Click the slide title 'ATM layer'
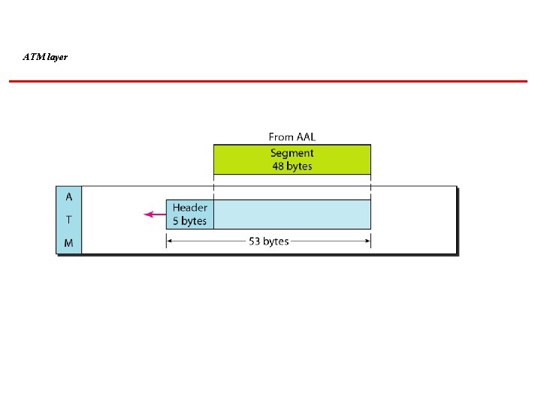pos(45,56)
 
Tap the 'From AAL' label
pos(292,136)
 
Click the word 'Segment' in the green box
pos(292,153)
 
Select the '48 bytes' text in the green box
pos(292,166)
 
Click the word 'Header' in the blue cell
pos(190,208)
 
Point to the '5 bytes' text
pos(189,220)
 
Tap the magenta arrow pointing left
pos(155,214)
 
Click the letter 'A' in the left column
pos(69,197)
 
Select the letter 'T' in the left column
pos(69,220)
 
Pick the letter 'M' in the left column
pos(69,243)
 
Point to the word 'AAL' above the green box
pos(305,136)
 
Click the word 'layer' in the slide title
pos(56,56)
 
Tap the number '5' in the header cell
pos(176,220)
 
